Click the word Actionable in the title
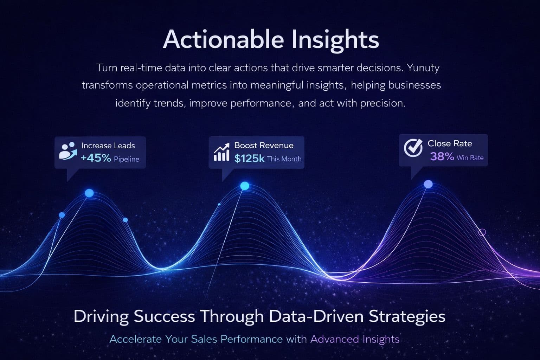pos(223,39)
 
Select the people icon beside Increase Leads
pos(68,151)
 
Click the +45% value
pos(96,158)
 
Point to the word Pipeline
pos(127,159)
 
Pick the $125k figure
pos(249,159)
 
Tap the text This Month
pos(284,159)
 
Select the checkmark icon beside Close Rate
pos(413,148)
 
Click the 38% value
pos(442,157)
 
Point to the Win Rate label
pos(470,158)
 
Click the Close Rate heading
pos(450,143)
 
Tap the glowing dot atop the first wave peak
pos(89,193)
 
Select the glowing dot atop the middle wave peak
pos(245,186)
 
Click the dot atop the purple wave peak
pos(428,184)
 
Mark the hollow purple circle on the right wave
pos(482,232)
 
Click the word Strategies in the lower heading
pos(407,316)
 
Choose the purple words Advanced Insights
pos(355,339)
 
